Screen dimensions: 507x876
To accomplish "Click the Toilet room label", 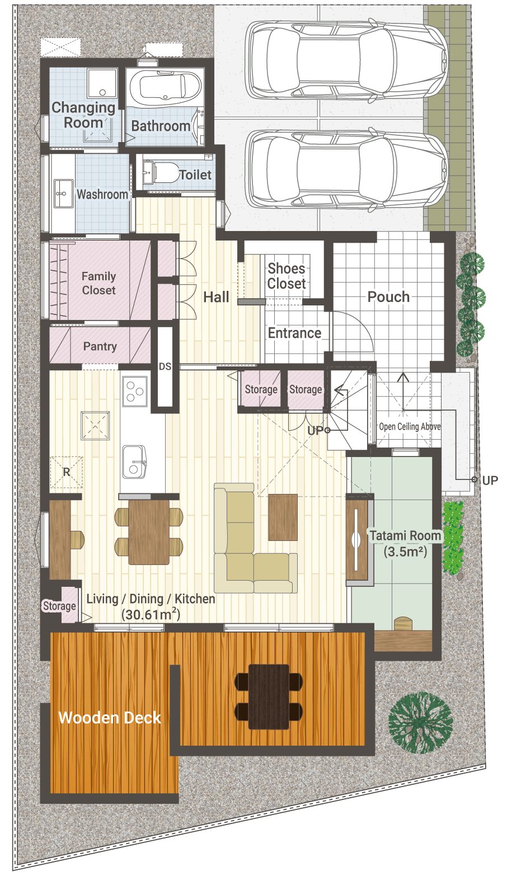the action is [x=195, y=175].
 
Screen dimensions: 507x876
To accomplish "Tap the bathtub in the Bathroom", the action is [x=165, y=87].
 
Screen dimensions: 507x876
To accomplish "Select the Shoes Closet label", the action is [x=287, y=276].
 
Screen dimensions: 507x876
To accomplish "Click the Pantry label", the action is [x=100, y=346].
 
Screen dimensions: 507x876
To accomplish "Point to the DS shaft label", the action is [x=165, y=366].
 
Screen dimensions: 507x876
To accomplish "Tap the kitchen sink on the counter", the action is [x=134, y=461].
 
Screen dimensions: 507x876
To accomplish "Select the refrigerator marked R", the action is [x=67, y=472].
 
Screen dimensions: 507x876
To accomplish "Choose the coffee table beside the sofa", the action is [x=283, y=517].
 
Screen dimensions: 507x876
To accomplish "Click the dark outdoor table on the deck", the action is [x=269, y=697].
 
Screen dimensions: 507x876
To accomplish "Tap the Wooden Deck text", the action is [x=110, y=718].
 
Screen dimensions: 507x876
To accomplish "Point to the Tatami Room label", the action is [x=405, y=535].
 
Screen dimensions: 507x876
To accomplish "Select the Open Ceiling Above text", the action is [x=410, y=426].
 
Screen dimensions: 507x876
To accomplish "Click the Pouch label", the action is [x=388, y=297].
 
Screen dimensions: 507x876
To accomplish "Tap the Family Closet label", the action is [x=98, y=283].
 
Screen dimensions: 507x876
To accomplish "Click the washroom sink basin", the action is [x=63, y=194].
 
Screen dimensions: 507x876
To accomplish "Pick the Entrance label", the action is [x=294, y=333].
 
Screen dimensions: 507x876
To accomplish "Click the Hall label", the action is [x=216, y=297].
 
